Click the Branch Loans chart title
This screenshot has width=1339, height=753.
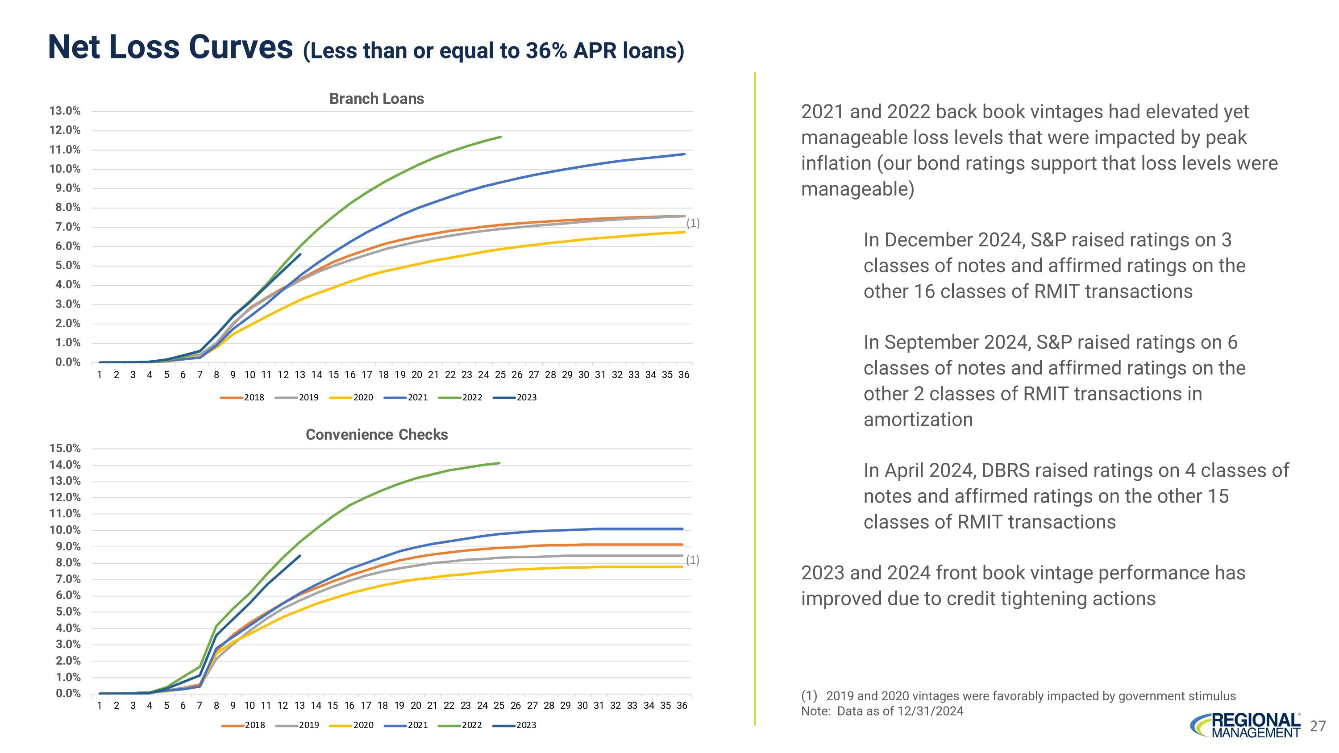click(x=376, y=99)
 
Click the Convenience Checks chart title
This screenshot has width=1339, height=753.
click(x=376, y=434)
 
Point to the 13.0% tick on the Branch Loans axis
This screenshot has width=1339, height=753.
click(x=65, y=111)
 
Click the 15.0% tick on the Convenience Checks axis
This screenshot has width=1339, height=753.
click(x=65, y=448)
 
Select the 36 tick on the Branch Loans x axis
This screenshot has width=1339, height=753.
click(x=683, y=374)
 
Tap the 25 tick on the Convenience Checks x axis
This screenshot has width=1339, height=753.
click(x=499, y=705)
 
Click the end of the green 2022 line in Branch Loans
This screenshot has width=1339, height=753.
click(x=501, y=137)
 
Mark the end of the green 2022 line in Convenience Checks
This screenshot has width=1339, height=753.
click(x=499, y=463)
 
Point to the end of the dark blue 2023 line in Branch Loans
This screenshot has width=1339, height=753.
click(x=300, y=254)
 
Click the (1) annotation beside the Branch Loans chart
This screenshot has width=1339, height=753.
click(x=693, y=224)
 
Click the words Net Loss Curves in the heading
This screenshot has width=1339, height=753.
click(x=170, y=47)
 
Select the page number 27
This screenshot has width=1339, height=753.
click(x=1318, y=726)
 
